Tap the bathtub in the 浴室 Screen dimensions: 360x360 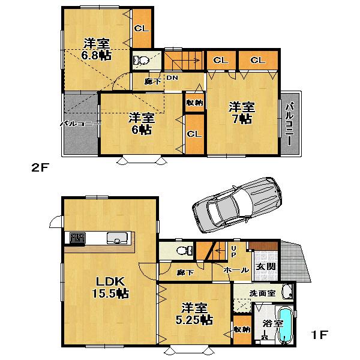pos(286,327)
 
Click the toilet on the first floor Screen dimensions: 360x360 pos(182,250)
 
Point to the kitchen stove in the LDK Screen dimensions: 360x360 pos(77,238)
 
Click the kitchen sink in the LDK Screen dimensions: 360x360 pos(114,239)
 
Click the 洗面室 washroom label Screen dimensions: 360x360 pos(263,294)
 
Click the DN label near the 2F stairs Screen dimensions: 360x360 pos(172,79)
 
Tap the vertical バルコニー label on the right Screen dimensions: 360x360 pos(290,124)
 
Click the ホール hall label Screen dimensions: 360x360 pos(236,271)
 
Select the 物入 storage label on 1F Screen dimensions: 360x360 pos(242,330)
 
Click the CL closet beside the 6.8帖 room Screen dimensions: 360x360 pos(142,28)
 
